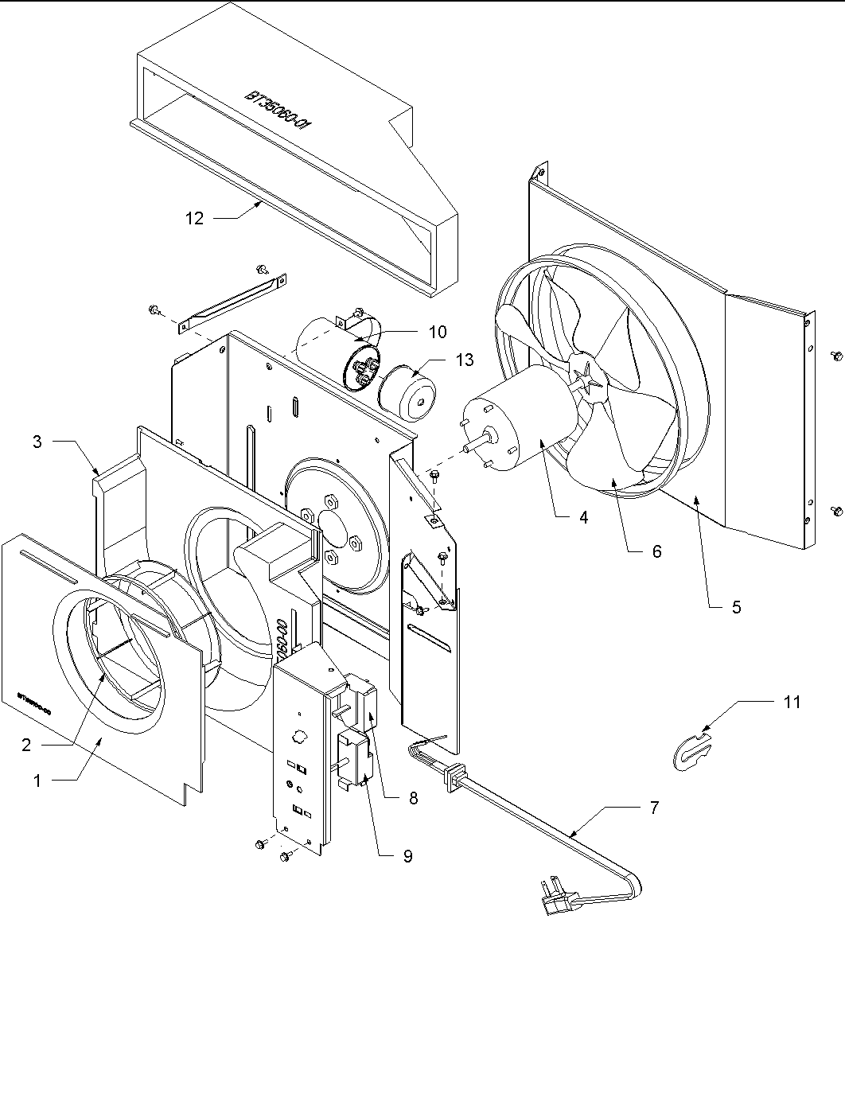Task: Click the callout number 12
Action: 195,218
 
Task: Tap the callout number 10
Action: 437,331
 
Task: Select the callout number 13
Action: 464,360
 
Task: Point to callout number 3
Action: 37,441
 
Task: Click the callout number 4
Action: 583,517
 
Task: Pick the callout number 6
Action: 656,551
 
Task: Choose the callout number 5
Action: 736,607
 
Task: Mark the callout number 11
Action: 792,702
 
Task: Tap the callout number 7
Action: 654,807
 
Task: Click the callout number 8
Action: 413,798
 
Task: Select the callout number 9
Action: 407,856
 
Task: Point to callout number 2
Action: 26,745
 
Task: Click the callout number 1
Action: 37,781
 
